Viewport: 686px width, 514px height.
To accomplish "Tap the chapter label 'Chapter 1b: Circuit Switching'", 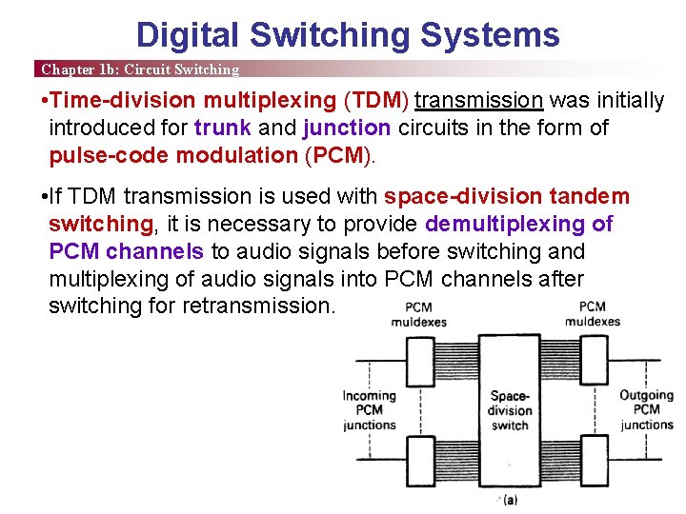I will [x=139, y=69].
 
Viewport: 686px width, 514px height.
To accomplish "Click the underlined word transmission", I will [x=479, y=101].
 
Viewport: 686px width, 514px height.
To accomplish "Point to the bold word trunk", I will [x=223, y=128].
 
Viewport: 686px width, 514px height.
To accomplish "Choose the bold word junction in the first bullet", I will [x=347, y=128].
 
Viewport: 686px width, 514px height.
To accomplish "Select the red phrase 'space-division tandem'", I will [x=507, y=196].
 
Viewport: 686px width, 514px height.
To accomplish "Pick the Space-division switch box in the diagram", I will [x=510, y=409].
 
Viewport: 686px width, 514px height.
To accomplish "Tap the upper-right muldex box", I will [x=595, y=362].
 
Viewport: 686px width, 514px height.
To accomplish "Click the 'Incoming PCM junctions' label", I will [x=370, y=410].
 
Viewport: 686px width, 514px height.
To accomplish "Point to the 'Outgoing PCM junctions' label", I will [x=647, y=410].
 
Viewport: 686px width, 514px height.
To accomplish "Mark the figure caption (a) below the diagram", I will [x=510, y=500].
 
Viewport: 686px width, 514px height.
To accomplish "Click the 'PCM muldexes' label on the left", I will [x=418, y=314].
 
